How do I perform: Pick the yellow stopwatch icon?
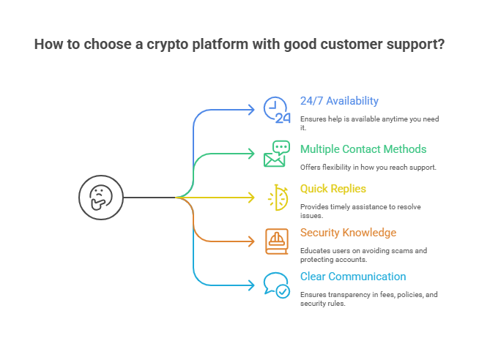277,198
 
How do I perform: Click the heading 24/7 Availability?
339,101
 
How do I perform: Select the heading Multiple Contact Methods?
363,149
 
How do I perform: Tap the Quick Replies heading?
333,189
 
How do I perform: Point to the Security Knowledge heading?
348,233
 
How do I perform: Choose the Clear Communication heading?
352,277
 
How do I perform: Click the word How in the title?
48,45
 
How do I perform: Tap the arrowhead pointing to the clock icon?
253,110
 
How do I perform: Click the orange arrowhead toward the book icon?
253,241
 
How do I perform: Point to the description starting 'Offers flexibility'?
368,168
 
